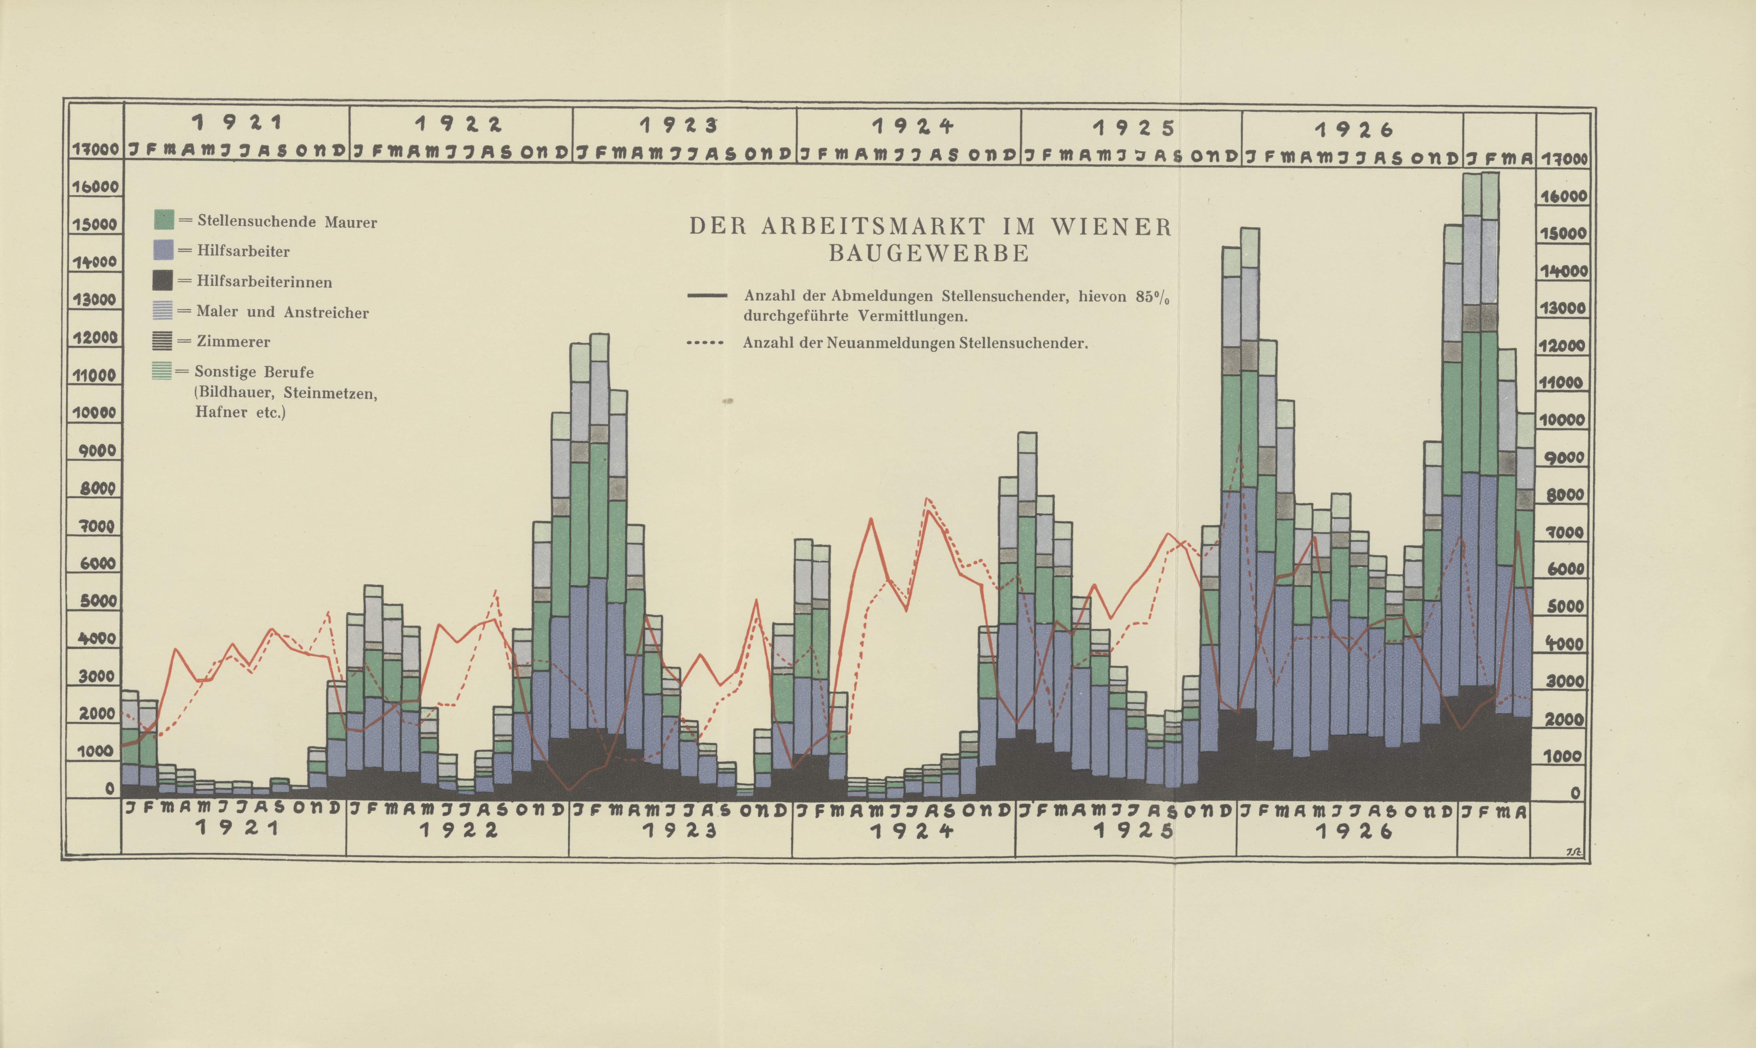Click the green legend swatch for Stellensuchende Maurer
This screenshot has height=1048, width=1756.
coord(164,220)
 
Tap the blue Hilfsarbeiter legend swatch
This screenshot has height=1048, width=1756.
coord(164,250)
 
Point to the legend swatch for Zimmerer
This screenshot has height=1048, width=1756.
coord(162,341)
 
